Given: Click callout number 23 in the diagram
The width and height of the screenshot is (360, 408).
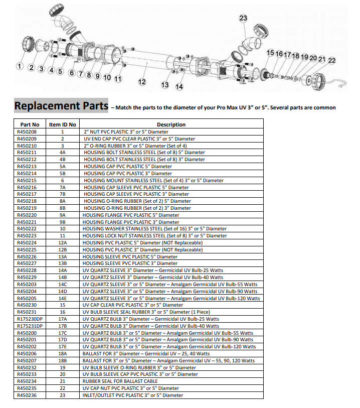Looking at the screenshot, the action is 243,18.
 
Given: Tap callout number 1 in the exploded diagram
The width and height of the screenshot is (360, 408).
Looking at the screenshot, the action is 20,66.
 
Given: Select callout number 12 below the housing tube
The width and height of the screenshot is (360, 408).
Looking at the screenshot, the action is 142,82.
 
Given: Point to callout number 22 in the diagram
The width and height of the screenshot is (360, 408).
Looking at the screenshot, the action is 331,61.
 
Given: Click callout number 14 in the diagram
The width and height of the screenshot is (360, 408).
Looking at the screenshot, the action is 179,87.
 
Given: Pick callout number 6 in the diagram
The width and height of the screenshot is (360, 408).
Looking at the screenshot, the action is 72,73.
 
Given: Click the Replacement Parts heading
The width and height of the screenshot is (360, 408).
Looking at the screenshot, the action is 61,106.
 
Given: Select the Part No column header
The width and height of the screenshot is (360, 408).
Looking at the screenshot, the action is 30,124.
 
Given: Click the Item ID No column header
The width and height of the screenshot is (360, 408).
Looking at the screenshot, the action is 62,124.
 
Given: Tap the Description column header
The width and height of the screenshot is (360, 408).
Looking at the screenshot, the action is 171,124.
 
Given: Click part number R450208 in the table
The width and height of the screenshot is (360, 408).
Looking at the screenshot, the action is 27,132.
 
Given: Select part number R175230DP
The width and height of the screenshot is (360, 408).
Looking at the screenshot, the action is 30,319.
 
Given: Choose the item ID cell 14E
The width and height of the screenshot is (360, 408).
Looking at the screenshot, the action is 62,299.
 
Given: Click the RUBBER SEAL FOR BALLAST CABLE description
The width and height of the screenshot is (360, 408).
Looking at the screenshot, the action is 120,381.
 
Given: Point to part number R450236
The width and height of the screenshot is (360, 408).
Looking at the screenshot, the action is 27,395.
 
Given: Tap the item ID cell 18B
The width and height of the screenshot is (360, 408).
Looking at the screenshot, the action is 62,361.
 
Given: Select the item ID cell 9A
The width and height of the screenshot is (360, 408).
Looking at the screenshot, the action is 62,215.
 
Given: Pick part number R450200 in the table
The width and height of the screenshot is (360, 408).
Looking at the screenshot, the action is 27,333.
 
